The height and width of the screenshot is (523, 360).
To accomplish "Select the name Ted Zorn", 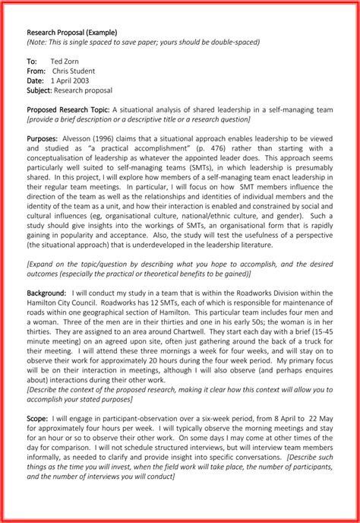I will click(65, 59).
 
